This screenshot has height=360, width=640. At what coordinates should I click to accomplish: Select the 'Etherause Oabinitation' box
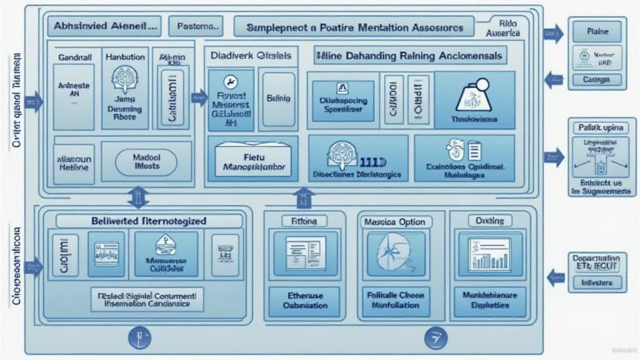click(304, 301)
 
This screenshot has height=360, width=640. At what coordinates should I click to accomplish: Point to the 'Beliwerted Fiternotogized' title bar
click(149, 221)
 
